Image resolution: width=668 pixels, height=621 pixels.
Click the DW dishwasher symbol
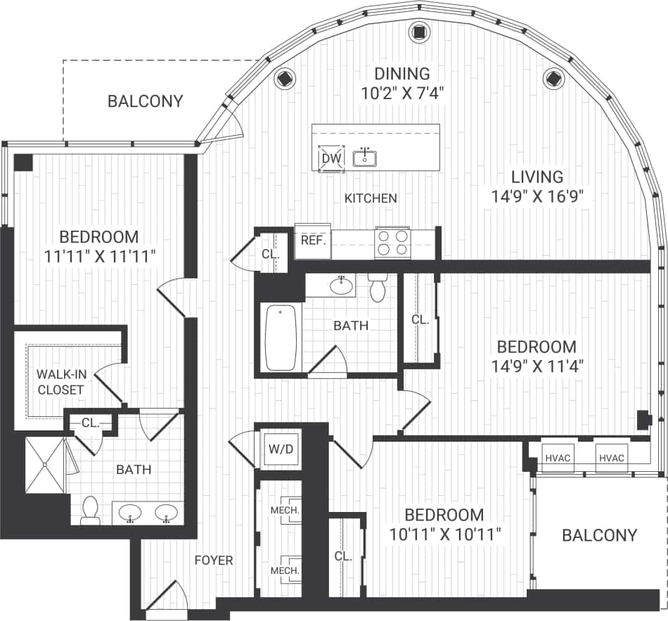point(330,158)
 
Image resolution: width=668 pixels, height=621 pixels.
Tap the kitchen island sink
point(364,158)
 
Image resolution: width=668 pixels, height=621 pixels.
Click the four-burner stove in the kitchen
point(393,243)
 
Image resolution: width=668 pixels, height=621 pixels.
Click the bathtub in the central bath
point(281,338)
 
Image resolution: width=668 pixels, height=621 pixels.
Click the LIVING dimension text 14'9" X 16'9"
point(538,197)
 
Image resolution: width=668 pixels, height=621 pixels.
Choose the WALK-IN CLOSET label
point(60,382)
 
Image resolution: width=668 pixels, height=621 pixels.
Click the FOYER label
point(214,561)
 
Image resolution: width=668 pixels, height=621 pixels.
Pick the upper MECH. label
point(285,510)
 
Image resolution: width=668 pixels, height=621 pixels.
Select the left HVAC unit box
point(557,458)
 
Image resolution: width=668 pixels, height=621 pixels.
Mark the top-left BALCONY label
point(145,101)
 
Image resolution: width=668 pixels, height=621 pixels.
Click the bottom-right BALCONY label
point(599,535)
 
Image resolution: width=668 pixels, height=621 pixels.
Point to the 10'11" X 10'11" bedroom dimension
point(445,534)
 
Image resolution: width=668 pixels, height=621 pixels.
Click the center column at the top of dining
point(419,32)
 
